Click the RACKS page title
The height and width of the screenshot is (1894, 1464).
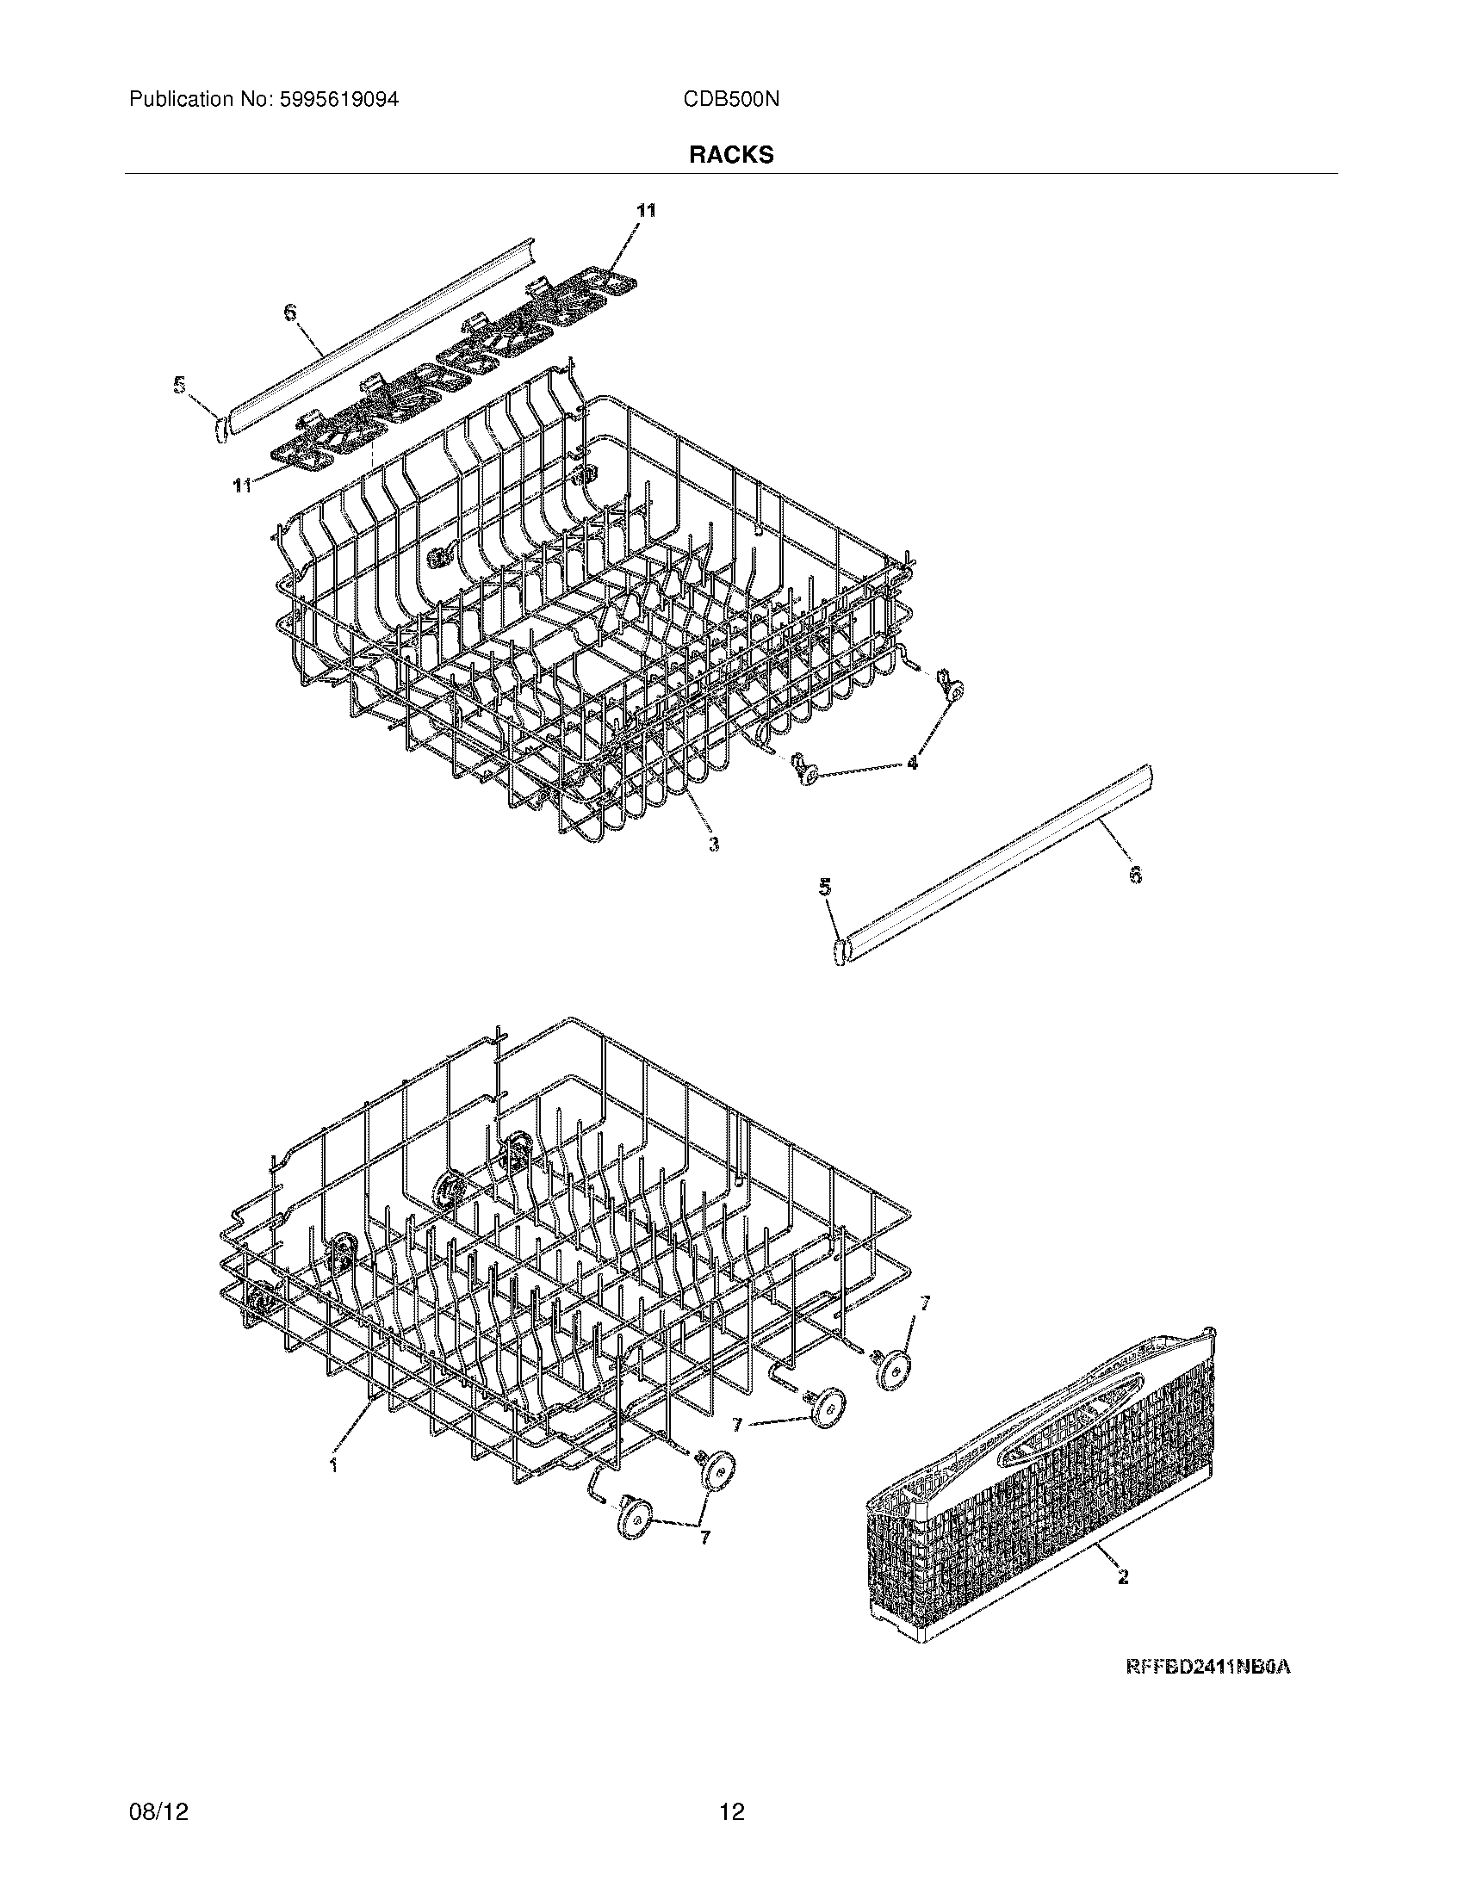coord(731,154)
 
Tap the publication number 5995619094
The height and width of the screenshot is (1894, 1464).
coord(339,100)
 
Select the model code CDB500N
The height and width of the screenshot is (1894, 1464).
coord(731,100)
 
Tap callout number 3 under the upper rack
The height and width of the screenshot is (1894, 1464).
coord(713,843)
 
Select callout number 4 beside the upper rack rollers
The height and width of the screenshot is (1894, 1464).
coord(911,763)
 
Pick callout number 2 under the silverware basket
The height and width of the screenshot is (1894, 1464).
coord(1123,1577)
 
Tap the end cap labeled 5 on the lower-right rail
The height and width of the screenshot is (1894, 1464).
coord(840,950)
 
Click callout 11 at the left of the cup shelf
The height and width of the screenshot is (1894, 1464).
coord(242,486)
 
